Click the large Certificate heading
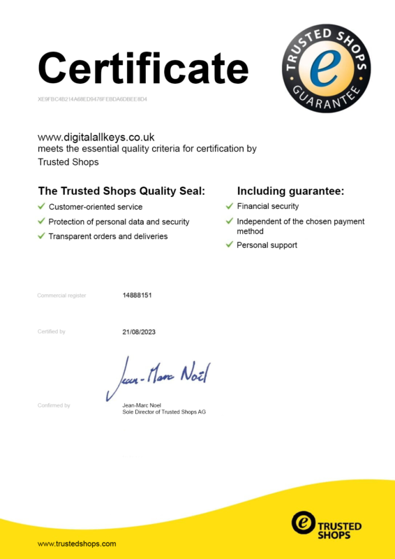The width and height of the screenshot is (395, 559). pos(143,68)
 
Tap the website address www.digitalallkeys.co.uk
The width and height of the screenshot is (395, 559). pos(96,137)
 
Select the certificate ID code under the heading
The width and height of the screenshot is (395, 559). pos(92,99)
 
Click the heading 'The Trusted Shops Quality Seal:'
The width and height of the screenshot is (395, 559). pos(121,191)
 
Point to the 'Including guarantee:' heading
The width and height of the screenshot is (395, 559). pos(291,191)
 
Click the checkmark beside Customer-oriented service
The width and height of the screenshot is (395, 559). pos(42,207)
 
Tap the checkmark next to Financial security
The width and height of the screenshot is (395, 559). pos(230,206)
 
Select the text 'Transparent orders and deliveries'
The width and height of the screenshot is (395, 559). pos(107,236)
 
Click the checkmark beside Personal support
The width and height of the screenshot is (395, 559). pos(230,245)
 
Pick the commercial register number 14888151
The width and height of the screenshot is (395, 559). pos(137,296)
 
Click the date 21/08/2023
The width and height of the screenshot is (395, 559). pos(139,331)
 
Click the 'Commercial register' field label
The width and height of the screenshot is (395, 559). pos(61,296)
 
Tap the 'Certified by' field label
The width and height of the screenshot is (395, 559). pos(51,331)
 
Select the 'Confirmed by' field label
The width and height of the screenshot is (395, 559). pos(54,405)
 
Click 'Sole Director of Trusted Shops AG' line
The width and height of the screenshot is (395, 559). pos(163,412)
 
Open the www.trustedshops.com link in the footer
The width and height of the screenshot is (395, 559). pos(77,543)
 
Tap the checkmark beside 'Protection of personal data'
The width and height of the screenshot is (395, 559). pos(42,222)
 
